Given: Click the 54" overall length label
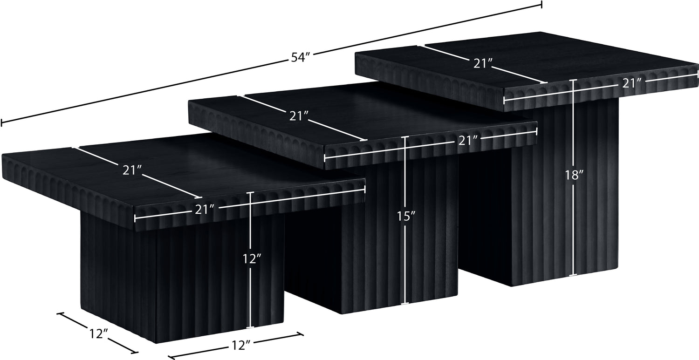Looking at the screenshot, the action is click(x=300, y=57).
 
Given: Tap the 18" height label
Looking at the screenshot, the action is click(x=574, y=175).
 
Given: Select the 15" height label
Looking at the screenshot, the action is click(x=406, y=216).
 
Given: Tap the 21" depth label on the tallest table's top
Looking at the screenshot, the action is click(x=483, y=64).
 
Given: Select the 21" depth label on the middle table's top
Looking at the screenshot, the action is click(x=299, y=116).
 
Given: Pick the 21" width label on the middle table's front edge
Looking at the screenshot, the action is click(x=468, y=141).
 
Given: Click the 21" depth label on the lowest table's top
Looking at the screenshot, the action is click(x=132, y=170).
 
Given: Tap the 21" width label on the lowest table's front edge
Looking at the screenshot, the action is click(x=205, y=210).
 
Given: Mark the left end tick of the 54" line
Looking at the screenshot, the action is click(x=1, y=123).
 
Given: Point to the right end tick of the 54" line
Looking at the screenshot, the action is click(x=541, y=5).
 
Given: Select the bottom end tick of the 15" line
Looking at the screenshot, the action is click(x=405, y=303).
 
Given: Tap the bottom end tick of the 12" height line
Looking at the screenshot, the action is click(x=250, y=327).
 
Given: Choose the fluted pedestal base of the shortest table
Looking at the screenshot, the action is click(x=183, y=278).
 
